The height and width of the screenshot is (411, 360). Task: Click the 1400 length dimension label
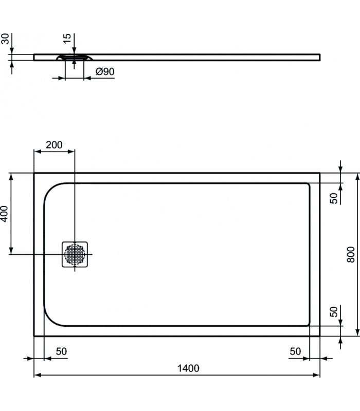[188, 368]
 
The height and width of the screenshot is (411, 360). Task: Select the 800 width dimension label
[351, 254]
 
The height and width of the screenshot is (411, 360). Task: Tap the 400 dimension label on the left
[4, 214]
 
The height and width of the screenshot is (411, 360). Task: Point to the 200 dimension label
[54, 145]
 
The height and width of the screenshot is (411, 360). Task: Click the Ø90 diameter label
[105, 71]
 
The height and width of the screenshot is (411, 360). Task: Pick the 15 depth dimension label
[67, 39]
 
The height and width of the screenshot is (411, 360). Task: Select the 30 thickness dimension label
[5, 39]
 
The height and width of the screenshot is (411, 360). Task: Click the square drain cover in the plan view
[75, 254]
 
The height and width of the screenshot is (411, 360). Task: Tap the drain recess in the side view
[75, 57]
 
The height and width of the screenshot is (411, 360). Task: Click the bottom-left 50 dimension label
[61, 351]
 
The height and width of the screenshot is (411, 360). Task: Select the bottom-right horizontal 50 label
[295, 351]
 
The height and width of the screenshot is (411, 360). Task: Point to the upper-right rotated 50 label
[334, 198]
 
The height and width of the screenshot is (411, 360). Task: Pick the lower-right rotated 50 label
[334, 312]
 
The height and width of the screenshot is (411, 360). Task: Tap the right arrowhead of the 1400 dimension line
[316, 375]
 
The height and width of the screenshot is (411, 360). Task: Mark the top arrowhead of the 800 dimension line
[357, 177]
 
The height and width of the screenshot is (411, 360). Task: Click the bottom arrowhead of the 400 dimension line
[11, 251]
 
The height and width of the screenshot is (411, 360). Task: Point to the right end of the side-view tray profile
[320, 58]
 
